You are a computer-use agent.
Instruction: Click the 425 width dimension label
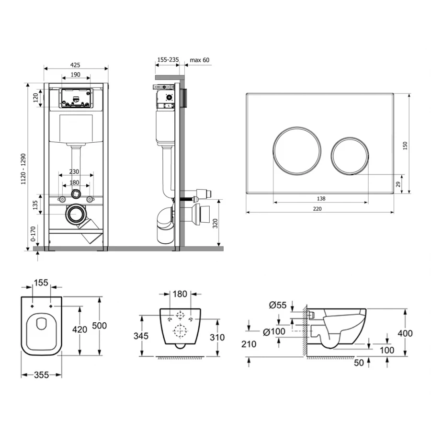(x=75, y=65)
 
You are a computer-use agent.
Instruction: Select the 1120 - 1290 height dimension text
(x=23, y=169)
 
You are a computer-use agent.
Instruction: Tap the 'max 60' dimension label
(x=200, y=60)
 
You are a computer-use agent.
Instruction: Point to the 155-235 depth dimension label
(x=168, y=59)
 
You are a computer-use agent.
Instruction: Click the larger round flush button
(x=297, y=150)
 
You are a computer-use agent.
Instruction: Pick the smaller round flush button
(x=350, y=156)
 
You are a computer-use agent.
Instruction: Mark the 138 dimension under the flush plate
(x=321, y=198)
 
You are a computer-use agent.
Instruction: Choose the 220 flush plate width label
(x=317, y=209)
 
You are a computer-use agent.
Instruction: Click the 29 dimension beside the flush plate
(x=398, y=184)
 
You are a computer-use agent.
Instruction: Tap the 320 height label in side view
(x=215, y=224)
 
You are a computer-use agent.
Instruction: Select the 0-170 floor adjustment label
(x=33, y=234)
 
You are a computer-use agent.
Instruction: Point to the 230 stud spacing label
(x=74, y=171)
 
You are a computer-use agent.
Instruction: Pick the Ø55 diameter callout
(x=278, y=305)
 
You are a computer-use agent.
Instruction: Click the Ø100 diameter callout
(x=274, y=332)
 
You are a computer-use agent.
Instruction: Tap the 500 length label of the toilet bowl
(x=99, y=326)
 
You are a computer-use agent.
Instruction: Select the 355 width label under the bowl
(x=42, y=375)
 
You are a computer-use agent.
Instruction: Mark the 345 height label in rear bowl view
(x=141, y=336)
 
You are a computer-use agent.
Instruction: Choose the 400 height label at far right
(x=405, y=333)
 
